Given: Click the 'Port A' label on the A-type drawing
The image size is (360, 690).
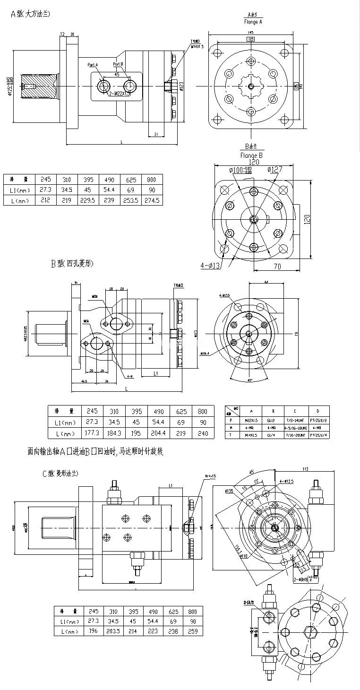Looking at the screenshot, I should [93, 65].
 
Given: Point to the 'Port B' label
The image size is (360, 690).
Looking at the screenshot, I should [118, 64].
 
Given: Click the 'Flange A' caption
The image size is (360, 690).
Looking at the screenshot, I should [253, 22].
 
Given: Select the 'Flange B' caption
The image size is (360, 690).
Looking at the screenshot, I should [251, 155].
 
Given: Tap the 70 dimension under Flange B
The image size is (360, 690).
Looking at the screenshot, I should [277, 267].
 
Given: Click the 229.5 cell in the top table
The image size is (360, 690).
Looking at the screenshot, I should [88, 200].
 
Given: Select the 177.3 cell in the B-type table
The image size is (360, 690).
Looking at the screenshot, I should [91, 432].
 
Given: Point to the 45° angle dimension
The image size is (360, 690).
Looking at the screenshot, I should [249, 379].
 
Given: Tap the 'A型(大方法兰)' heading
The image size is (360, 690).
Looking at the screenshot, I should [30, 14].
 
